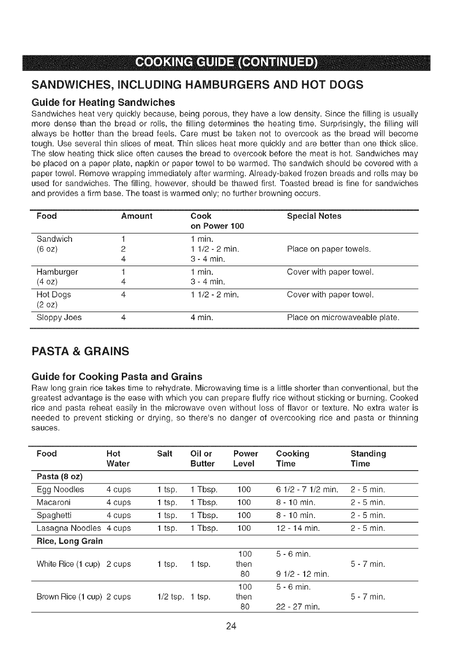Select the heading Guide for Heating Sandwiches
tap(103, 102)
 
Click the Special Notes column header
tap(314, 216)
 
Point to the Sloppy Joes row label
tap(59, 317)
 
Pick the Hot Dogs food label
tap(54, 295)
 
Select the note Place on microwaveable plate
tap(343, 317)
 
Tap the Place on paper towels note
tap(328, 249)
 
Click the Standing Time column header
tap(368, 458)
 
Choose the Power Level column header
tap(245, 458)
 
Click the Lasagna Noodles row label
tap(69, 528)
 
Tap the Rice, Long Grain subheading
tap(69, 541)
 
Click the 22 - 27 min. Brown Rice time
tap(298, 607)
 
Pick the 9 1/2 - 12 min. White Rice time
tap(302, 574)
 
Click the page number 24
tap(231, 626)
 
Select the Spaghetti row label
tap(54, 515)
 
